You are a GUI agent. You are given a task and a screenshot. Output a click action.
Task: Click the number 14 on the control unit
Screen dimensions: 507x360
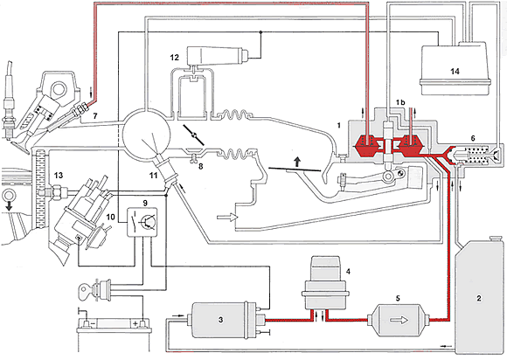[x=455, y=71]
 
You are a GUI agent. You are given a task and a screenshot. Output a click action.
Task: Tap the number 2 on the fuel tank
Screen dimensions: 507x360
[x=479, y=298]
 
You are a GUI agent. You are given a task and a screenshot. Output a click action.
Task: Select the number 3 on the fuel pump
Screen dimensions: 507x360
[x=220, y=320]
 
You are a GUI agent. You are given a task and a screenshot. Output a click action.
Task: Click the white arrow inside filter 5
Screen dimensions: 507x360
[x=399, y=320]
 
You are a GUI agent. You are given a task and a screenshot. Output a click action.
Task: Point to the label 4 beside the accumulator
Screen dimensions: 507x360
[x=348, y=272]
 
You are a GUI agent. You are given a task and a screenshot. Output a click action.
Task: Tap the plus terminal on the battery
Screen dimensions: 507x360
[x=142, y=324]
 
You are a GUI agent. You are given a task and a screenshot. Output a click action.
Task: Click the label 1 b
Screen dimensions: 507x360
[x=400, y=102]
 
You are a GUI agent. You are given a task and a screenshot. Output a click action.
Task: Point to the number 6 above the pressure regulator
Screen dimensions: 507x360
[x=473, y=138]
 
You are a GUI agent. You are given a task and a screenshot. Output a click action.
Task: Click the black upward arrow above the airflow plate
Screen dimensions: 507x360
[x=297, y=162]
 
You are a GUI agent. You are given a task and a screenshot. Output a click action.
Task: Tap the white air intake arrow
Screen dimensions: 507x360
[x=227, y=218]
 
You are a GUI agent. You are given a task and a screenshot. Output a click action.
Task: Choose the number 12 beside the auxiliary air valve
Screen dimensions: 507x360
[x=174, y=58]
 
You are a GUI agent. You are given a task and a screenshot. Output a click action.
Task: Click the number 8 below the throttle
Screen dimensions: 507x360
[x=200, y=167]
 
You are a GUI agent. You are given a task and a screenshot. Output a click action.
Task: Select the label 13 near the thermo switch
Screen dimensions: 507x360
[x=59, y=176]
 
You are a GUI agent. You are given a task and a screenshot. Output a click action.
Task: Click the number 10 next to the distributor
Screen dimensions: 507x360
[x=111, y=217]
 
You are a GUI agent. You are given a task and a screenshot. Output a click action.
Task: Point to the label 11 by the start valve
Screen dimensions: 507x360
[x=153, y=175]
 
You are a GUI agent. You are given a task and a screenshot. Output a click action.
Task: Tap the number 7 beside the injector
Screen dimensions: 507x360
[x=94, y=115]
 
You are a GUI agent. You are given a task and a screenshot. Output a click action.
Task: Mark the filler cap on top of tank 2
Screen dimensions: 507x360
[x=496, y=239]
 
